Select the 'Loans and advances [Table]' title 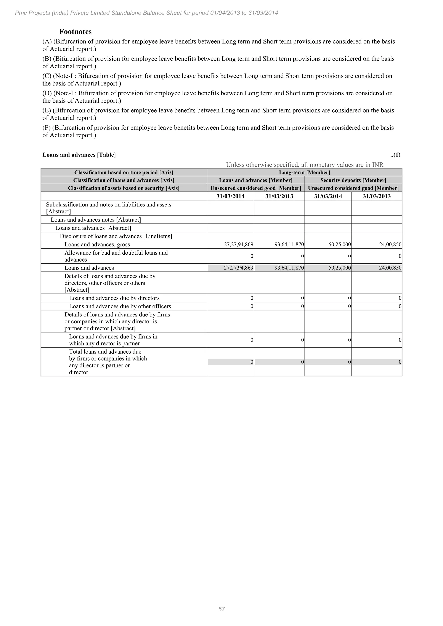[x=79, y=155]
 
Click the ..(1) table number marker [x=395, y=155]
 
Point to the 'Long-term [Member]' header [x=304, y=172]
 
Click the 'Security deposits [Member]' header [x=353, y=180]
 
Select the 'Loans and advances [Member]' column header [x=256, y=180]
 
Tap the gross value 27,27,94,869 [x=238, y=244]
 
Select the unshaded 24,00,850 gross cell [x=390, y=244]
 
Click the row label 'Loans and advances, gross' [x=97, y=244]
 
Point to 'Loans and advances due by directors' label [x=114, y=298]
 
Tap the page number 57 [x=221, y=609]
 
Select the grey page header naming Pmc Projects [x=146, y=13]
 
